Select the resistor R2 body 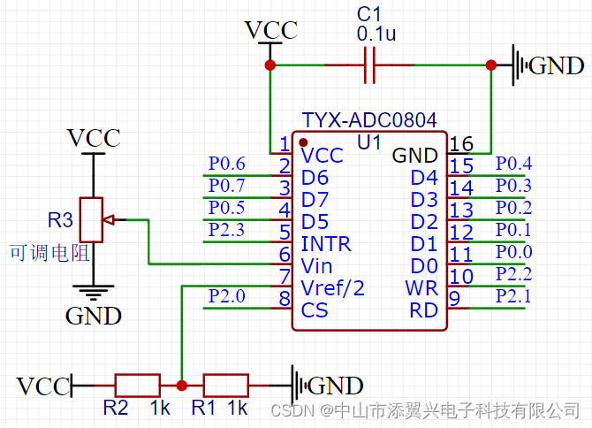pos(137,386)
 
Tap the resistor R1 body pos(225,386)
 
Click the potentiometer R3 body pos(92,218)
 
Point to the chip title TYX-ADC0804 pos(369,119)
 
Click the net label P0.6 pos(227,163)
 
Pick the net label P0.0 pos(513,252)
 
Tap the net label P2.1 pos(513,295)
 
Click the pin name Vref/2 pos(332,287)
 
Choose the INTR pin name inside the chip pos(325,243)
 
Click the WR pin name pos(421,288)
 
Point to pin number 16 pos(461,144)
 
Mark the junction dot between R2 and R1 pos(181,386)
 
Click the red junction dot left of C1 pos(270,65)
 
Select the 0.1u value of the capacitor pos(376,34)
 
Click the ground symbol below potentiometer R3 pos(92,289)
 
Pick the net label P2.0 pos(227,296)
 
